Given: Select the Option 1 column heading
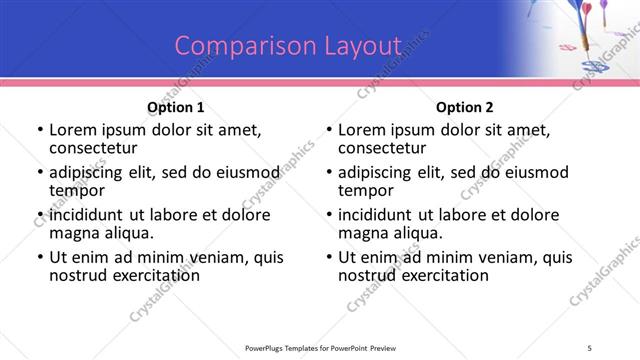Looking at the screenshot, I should [x=176, y=107].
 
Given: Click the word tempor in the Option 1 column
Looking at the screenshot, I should [x=77, y=190].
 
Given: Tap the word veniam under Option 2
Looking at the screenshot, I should [x=480, y=257].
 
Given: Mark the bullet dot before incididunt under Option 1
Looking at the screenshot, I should [x=40, y=215].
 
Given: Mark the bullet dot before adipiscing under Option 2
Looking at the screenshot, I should [x=329, y=172].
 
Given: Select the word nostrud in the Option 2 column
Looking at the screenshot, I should [x=366, y=275].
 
